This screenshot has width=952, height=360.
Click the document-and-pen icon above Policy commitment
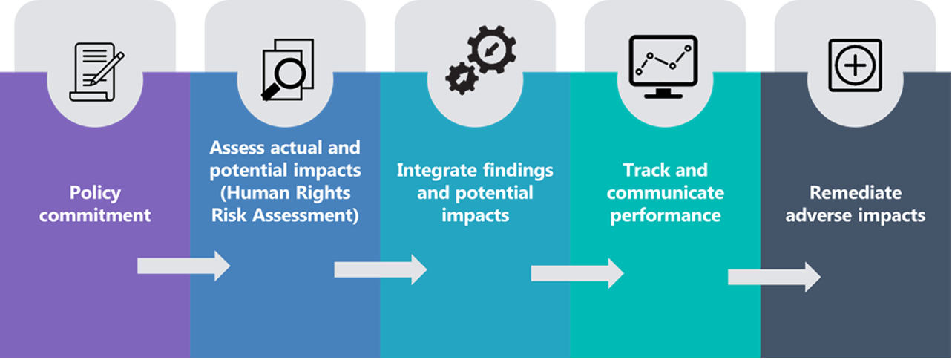point(96,73)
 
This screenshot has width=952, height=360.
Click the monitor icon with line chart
point(663,66)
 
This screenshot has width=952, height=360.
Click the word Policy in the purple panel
point(95,193)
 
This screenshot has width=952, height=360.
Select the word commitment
point(95,216)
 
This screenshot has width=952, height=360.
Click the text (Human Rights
point(285,193)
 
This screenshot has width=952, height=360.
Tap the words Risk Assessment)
point(285,216)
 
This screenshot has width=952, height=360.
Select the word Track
point(646,170)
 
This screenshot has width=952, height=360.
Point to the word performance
point(666,216)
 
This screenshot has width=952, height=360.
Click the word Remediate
point(856,193)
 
